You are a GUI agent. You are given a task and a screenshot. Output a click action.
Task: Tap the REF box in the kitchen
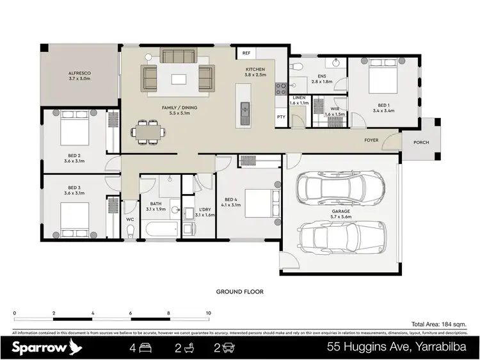246,53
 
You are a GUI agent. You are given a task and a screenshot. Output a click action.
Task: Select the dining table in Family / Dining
148,131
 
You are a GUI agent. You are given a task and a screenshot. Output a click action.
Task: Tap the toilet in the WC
130,233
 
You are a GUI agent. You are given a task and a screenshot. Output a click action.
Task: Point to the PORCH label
421,142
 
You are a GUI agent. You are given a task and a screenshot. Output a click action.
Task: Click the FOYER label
371,140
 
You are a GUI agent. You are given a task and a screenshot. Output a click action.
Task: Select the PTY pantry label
281,117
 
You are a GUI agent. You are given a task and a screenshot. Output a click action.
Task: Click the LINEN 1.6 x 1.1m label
299,100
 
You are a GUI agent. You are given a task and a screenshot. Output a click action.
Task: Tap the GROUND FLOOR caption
239,291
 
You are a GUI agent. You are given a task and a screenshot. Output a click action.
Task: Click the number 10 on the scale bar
208,313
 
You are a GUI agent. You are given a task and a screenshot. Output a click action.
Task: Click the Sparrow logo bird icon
76,348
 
